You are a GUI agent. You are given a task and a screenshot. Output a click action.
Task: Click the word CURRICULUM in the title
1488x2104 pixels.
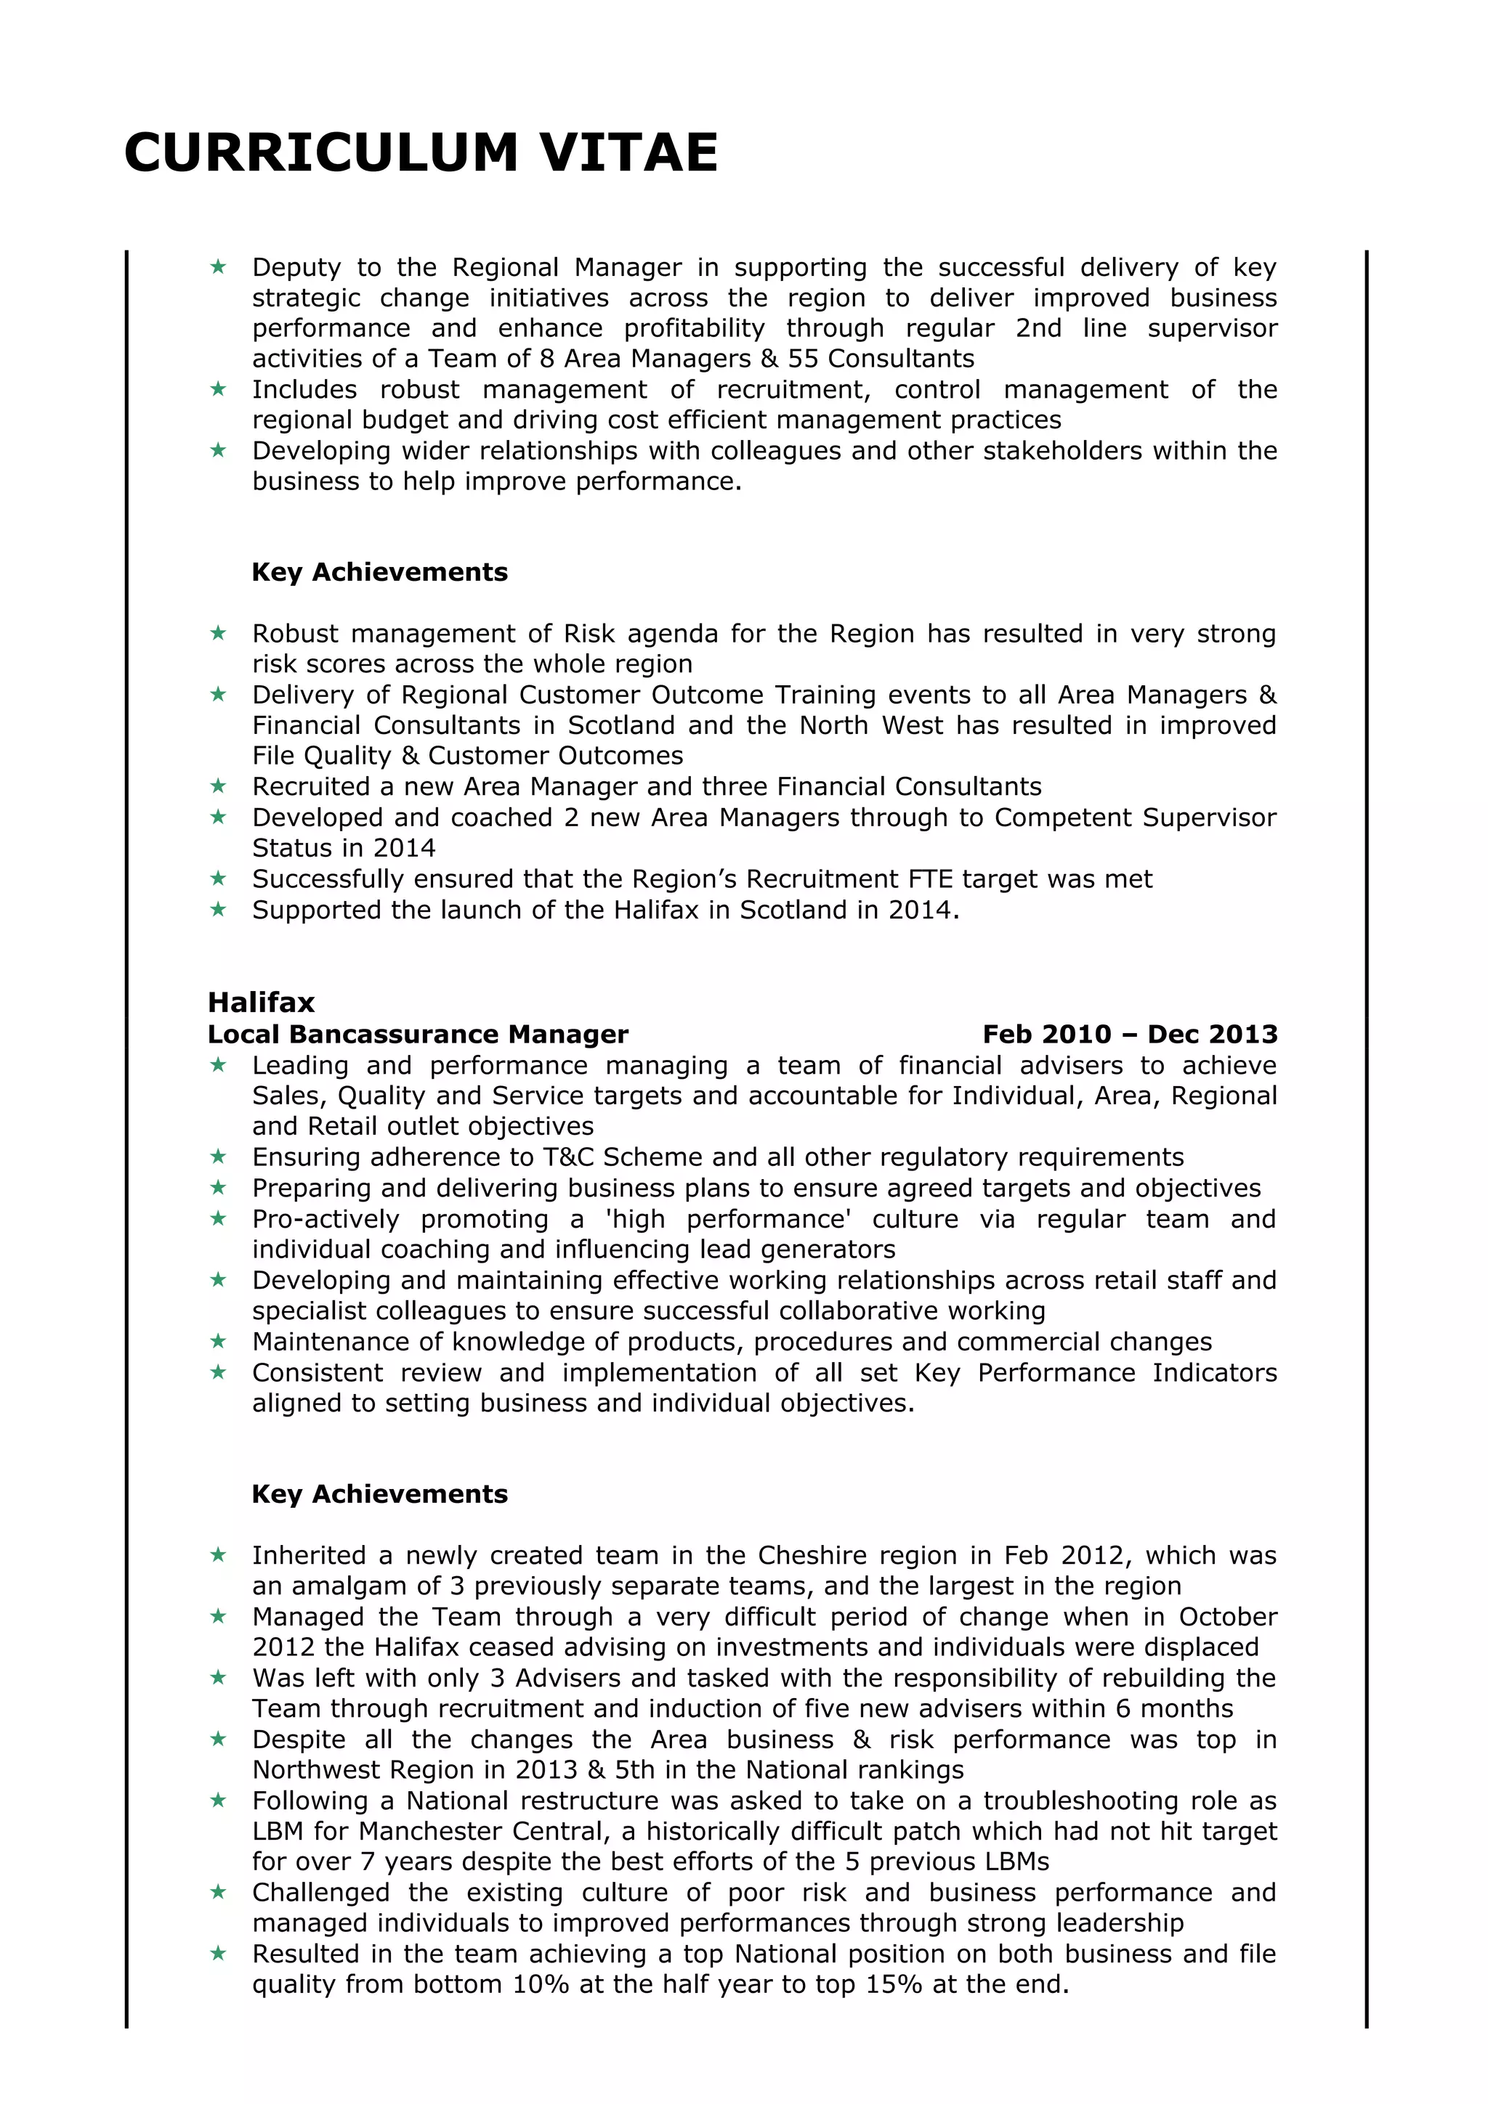322,152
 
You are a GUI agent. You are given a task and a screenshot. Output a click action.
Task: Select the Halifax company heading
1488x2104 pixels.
262,1002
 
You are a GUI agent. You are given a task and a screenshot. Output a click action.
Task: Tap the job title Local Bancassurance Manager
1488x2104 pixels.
418,1035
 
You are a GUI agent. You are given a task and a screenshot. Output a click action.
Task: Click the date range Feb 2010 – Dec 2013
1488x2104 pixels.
1130,1035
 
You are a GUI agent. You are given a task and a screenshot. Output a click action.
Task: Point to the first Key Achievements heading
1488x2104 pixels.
379,572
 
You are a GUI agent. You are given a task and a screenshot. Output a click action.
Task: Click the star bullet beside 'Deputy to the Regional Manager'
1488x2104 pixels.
218,266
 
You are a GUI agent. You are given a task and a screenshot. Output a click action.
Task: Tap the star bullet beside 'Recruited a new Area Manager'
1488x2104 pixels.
218,786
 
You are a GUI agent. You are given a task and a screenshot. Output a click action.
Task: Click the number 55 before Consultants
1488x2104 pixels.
803,359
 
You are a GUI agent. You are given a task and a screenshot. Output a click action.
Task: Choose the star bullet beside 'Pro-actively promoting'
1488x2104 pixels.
218,1219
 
